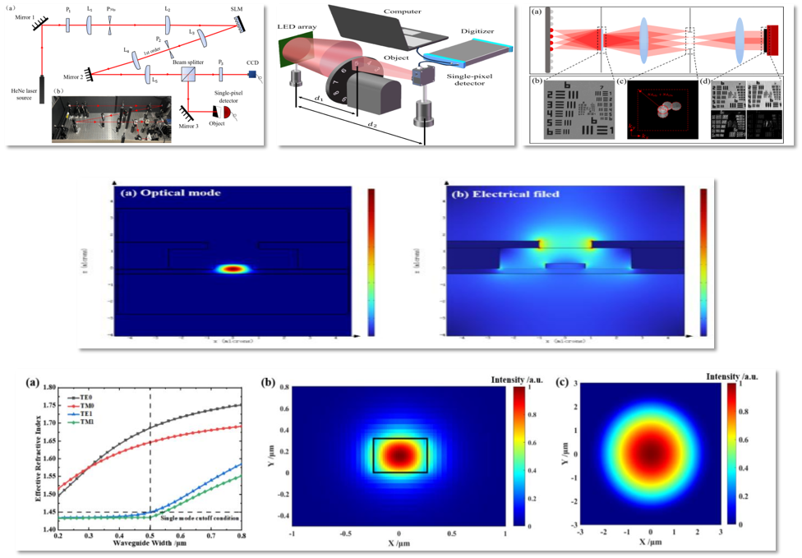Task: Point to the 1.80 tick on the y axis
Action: click(x=49, y=388)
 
